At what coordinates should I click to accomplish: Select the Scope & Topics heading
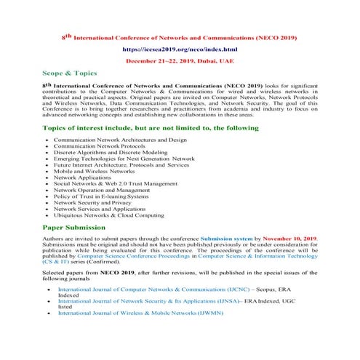(69, 74)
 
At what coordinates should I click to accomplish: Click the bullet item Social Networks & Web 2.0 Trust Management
(116, 184)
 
